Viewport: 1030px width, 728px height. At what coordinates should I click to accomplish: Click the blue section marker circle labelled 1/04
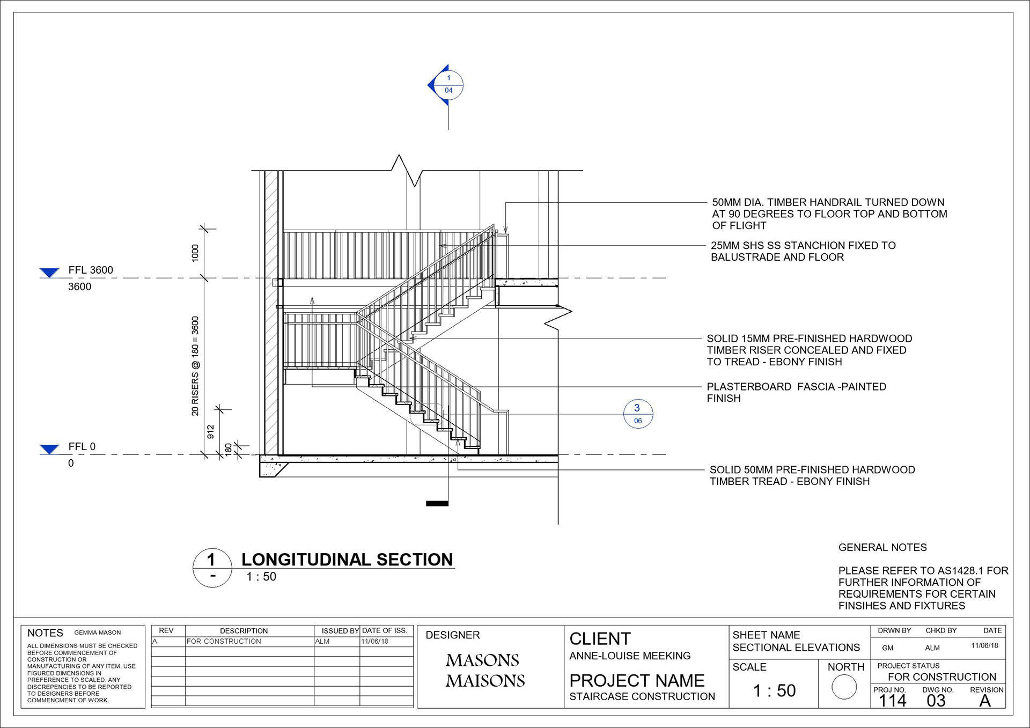(448, 85)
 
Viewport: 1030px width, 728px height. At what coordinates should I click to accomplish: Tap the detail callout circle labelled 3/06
(638, 414)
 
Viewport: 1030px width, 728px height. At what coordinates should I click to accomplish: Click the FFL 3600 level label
(91, 270)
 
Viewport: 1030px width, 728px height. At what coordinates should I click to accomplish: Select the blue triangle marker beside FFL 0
(49, 449)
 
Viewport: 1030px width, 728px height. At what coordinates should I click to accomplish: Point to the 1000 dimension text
(195, 253)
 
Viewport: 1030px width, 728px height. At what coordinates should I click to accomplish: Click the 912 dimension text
(210, 432)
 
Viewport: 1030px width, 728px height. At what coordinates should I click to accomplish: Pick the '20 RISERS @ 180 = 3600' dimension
(195, 366)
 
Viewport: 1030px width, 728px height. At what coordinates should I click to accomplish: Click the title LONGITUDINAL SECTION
(347, 560)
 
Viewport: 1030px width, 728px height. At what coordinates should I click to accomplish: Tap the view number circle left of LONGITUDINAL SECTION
(212, 568)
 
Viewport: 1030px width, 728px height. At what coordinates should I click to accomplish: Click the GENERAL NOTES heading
(882, 547)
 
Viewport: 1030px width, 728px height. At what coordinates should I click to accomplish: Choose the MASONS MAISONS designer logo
(485, 670)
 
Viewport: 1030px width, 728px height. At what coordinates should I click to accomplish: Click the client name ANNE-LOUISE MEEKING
(630, 656)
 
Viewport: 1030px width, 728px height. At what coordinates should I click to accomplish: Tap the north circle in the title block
(844, 687)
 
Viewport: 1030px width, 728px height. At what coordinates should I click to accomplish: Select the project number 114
(892, 701)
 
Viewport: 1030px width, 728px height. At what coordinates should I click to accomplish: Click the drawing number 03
(936, 701)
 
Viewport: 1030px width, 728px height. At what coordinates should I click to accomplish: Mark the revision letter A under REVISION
(985, 701)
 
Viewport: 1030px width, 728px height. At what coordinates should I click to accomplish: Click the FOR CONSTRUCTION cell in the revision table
(224, 641)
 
